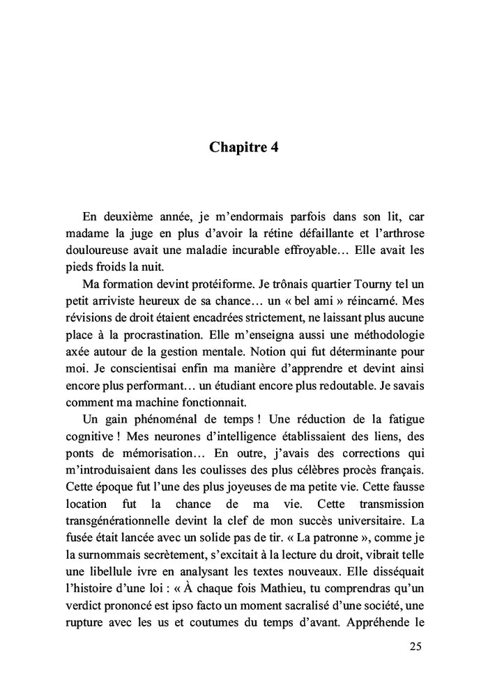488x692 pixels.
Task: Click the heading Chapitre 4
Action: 243,148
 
